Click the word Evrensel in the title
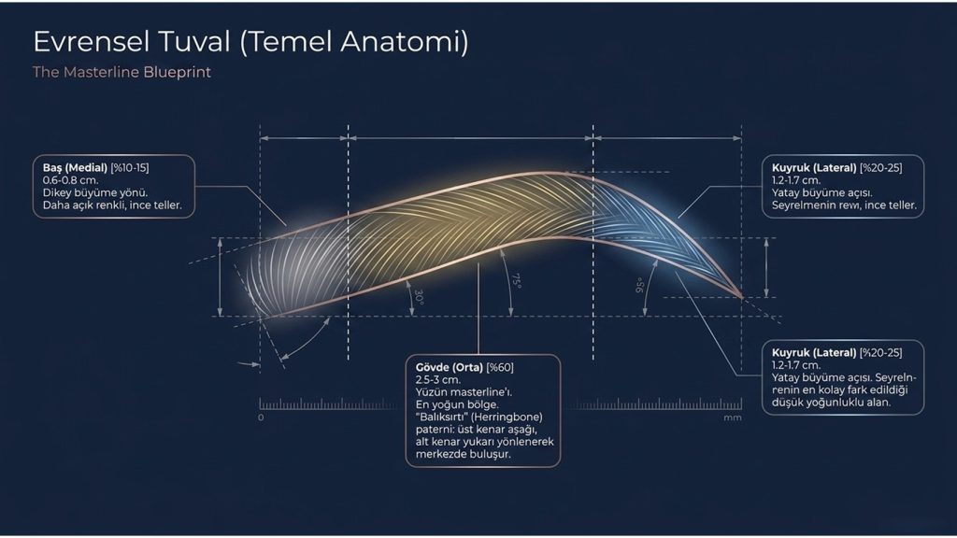coord(91,41)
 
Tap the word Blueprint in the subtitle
coord(177,72)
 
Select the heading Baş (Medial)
coord(75,168)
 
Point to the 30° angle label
coord(419,297)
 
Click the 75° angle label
coord(516,281)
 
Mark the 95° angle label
coord(639,286)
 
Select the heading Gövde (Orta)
coord(450,367)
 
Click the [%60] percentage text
coord(500,367)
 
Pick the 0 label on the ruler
coord(261,418)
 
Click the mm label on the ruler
coord(733,418)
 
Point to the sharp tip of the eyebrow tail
coord(742,298)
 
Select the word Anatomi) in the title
coord(405,41)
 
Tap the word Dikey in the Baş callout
coord(57,192)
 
